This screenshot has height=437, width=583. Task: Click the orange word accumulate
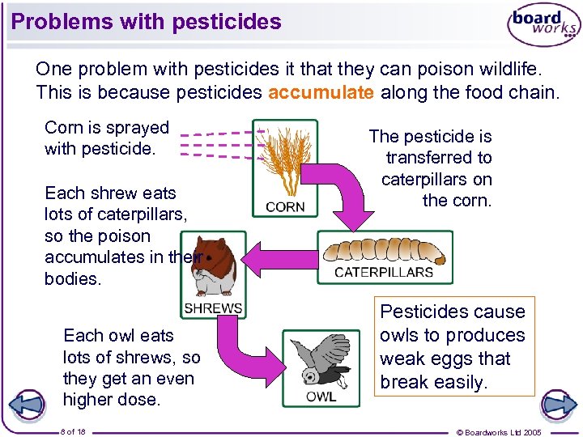(321, 92)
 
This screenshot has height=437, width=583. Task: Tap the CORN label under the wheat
(285, 207)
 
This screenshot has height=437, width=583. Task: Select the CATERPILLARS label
(384, 272)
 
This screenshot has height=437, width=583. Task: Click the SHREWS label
(213, 308)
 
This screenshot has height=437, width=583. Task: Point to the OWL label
(321, 397)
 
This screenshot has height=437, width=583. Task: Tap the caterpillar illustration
(384, 249)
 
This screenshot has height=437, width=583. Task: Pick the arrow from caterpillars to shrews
(279, 259)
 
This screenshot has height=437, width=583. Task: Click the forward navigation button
(558, 404)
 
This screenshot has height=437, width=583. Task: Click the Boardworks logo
(543, 24)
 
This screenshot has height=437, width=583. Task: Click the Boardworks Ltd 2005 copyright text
(499, 432)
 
